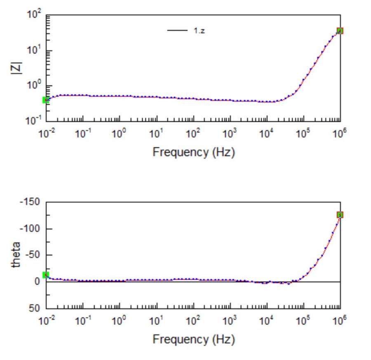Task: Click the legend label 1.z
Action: (x=199, y=31)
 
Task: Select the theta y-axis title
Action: (x=16, y=255)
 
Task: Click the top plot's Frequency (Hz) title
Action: (x=193, y=152)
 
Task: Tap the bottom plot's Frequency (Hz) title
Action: (x=193, y=339)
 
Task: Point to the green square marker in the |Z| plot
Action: (x=46, y=100)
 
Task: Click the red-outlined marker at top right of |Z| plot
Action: (x=340, y=31)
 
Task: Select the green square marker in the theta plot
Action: (x=46, y=275)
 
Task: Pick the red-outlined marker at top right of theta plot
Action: (x=340, y=215)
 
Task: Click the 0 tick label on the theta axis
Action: (x=37, y=282)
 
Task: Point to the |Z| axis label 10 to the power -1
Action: (x=34, y=120)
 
